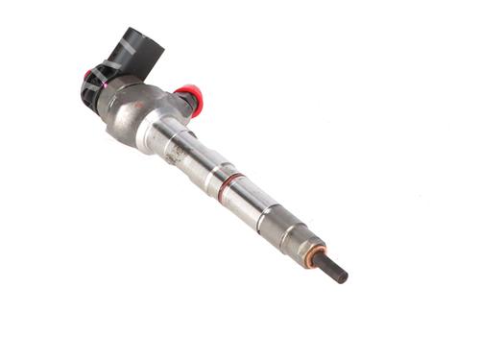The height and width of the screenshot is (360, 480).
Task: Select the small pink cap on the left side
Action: pyautogui.click(x=87, y=74)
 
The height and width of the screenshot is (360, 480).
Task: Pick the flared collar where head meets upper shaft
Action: pyautogui.click(x=158, y=130)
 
